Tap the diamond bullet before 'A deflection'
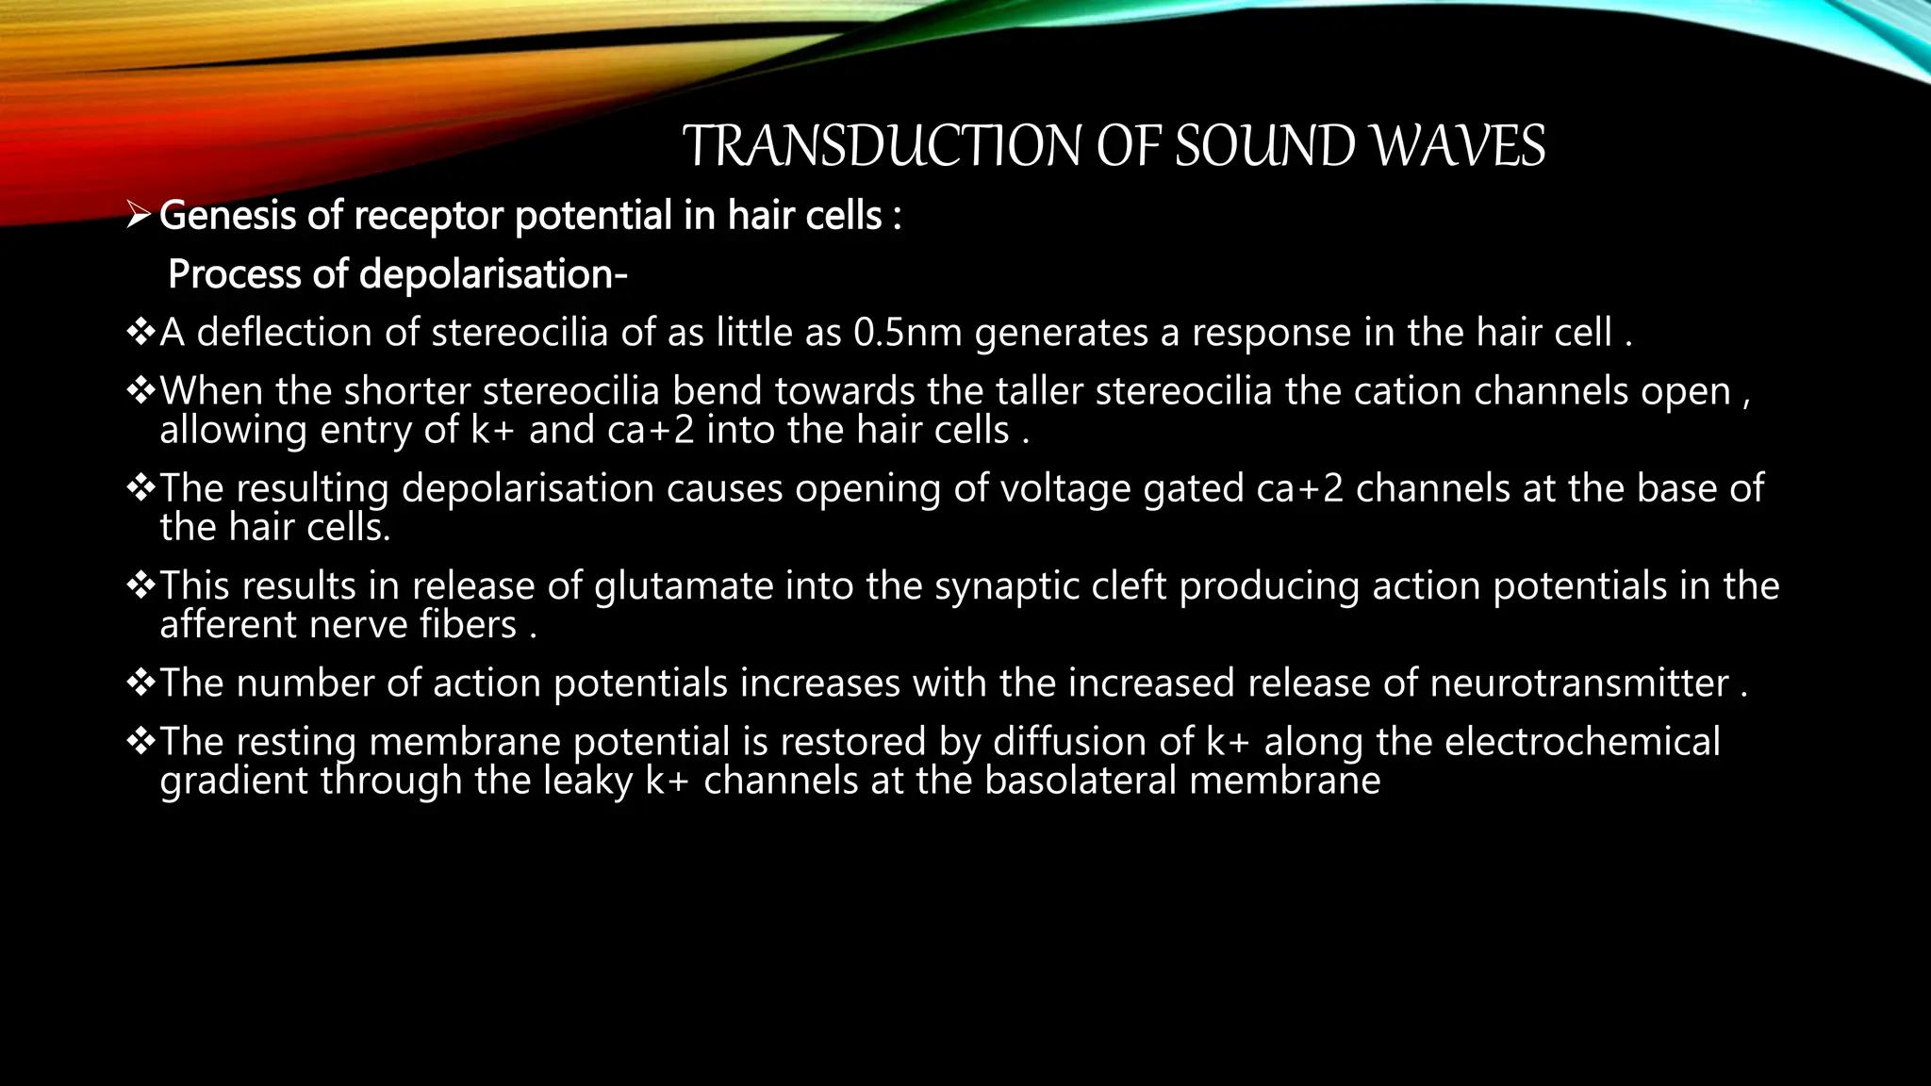140,332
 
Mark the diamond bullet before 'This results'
140,585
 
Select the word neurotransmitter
1578,683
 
